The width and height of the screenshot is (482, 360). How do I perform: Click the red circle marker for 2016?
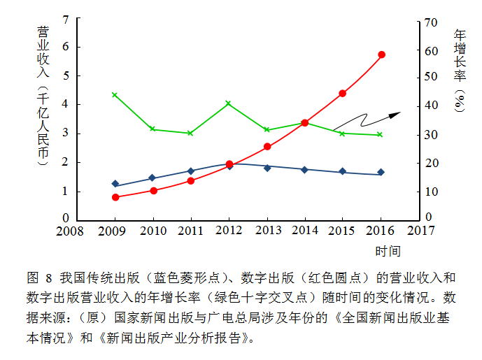[x=381, y=55]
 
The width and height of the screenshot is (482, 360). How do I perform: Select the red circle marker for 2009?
[x=115, y=197]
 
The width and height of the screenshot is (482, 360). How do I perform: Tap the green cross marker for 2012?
[x=229, y=103]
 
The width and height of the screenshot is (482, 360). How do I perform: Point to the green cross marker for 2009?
[x=115, y=95]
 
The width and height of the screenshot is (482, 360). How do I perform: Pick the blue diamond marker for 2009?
[x=115, y=184]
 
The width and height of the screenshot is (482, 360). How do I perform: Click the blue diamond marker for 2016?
[x=381, y=172]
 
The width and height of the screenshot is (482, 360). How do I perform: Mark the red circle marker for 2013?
[x=267, y=147]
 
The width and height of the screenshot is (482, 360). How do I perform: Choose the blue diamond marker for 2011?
[x=191, y=171]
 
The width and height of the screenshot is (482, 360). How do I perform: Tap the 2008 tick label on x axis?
[x=70, y=231]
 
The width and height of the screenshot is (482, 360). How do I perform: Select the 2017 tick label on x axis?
[x=420, y=230]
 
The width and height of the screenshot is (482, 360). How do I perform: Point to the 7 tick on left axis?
[x=65, y=19]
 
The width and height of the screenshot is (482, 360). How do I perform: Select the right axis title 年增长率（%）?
[x=460, y=71]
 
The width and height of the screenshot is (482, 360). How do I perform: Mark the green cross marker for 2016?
[x=380, y=134]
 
